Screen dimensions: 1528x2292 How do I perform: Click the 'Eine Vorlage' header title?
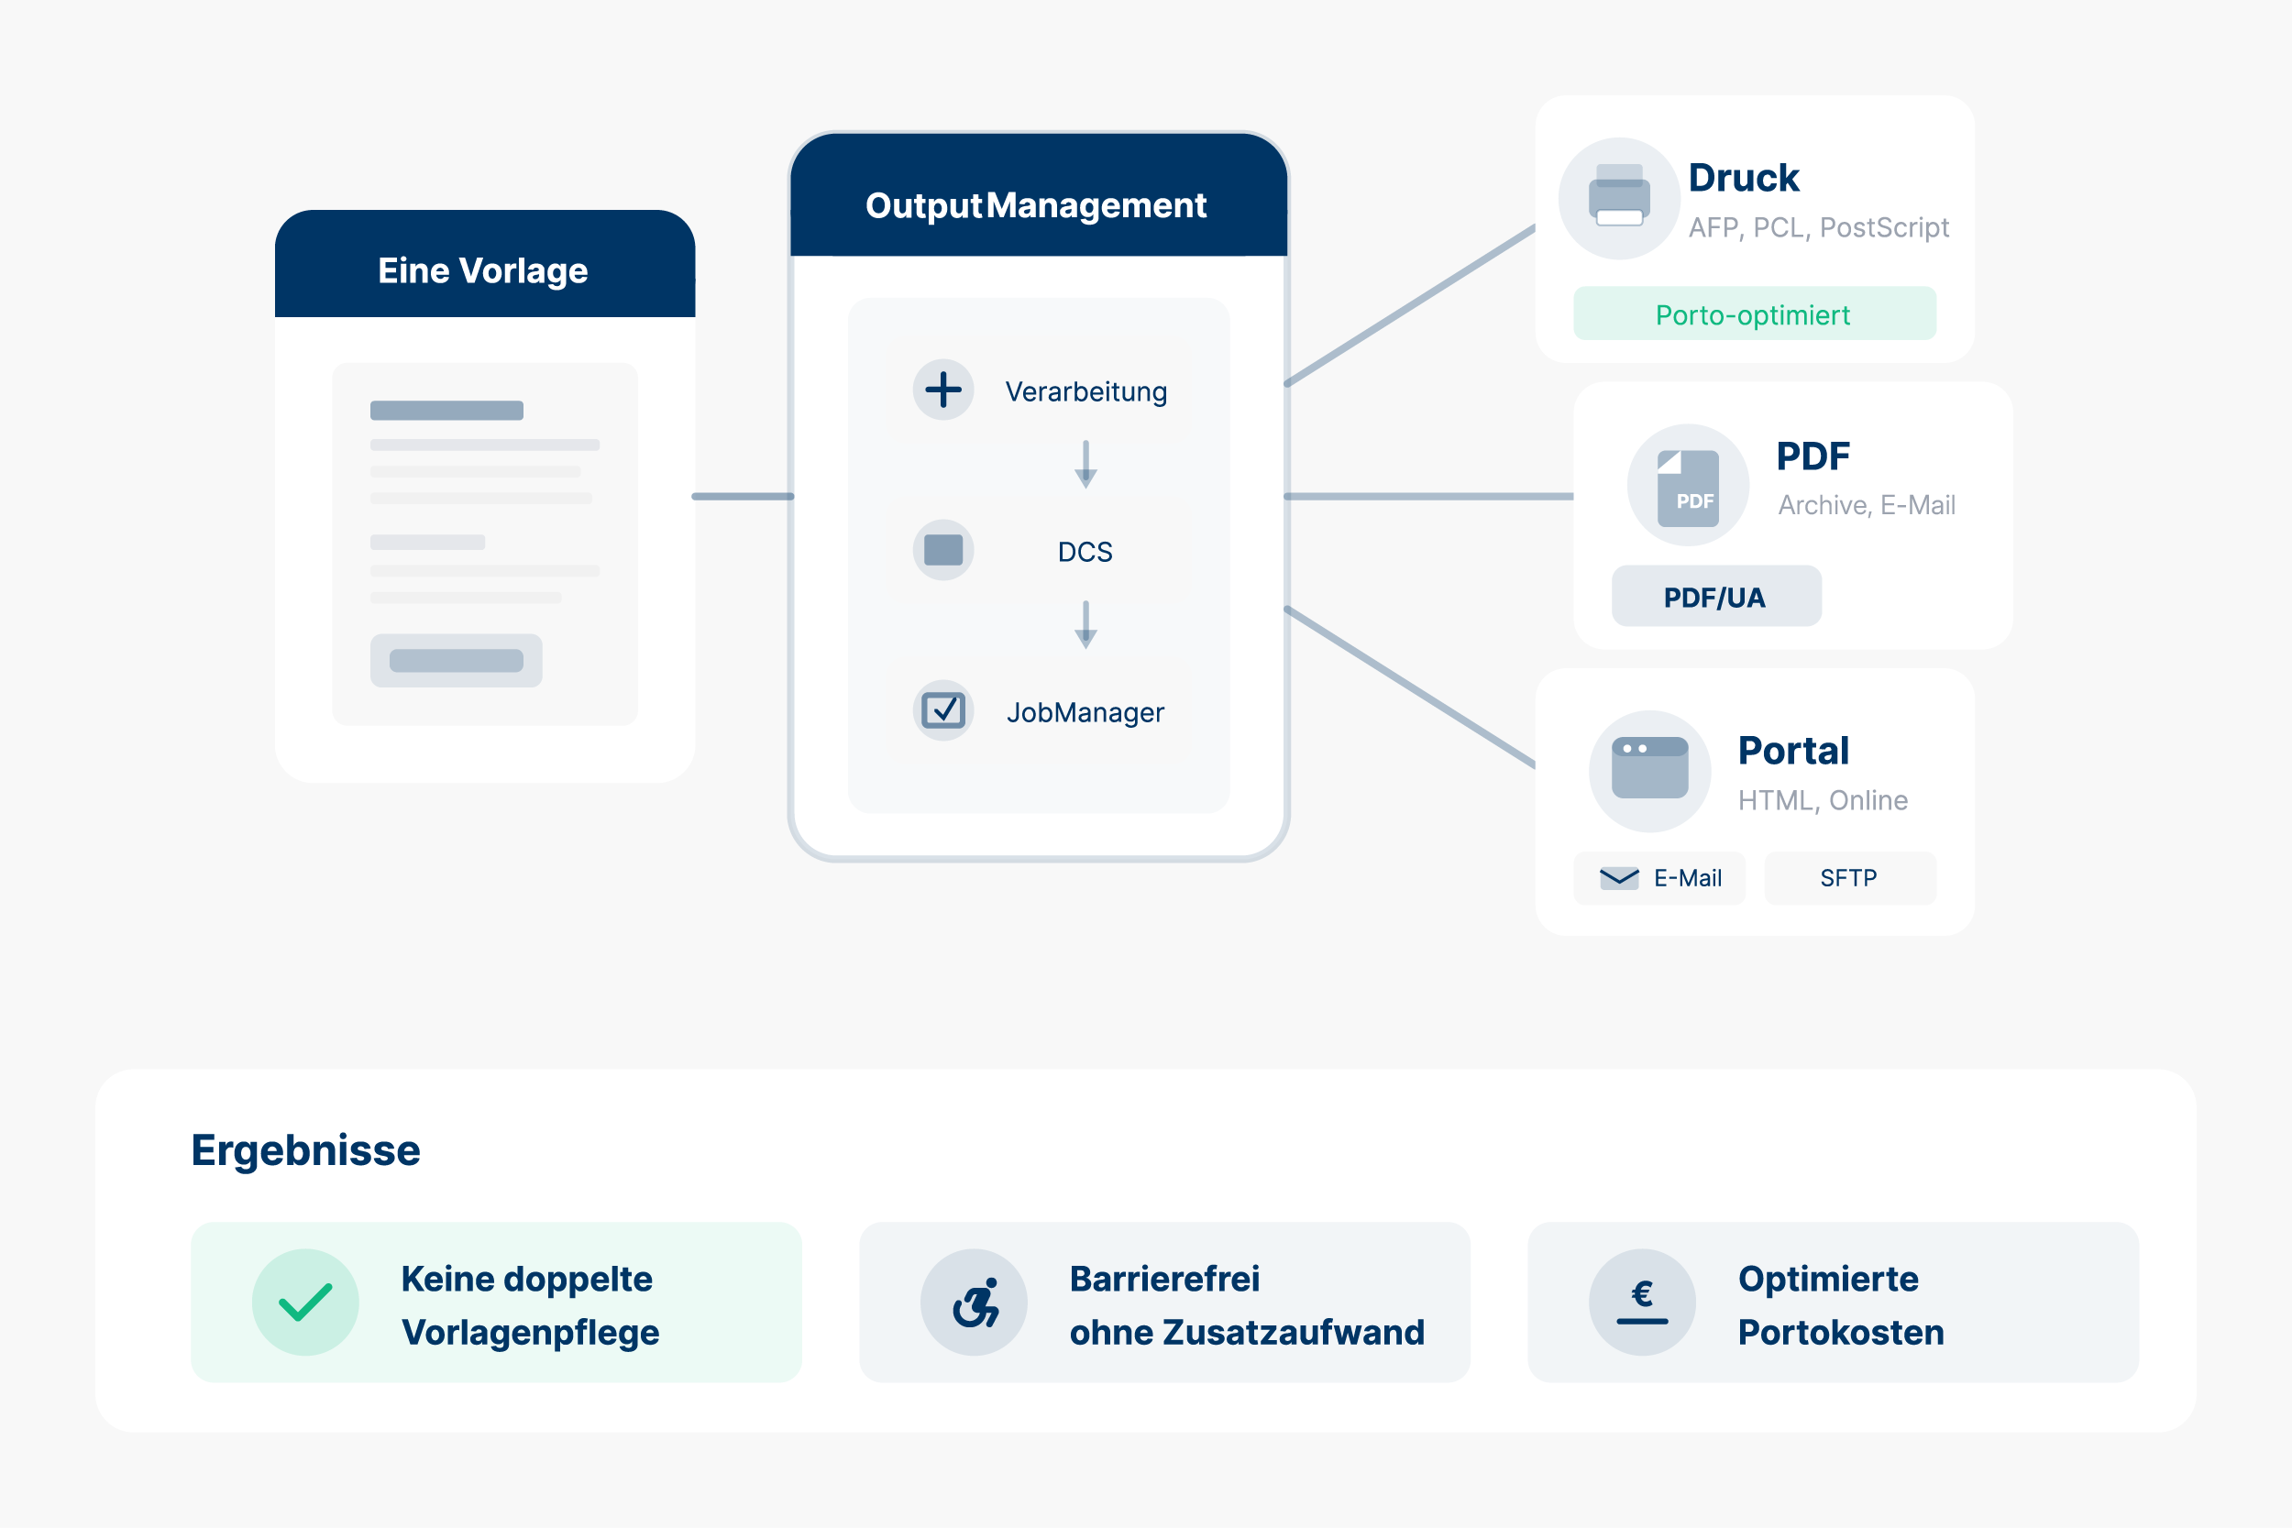coord(482,271)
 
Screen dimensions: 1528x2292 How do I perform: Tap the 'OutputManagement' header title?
coord(1036,205)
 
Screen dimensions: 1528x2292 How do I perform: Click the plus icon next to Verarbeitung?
coord(942,390)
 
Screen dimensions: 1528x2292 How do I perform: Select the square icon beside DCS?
coord(942,551)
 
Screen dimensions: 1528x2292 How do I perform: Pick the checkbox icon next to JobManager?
coord(942,710)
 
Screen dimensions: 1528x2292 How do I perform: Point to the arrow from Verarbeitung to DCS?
coord(1085,464)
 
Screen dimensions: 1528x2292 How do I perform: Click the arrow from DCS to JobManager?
coord(1085,624)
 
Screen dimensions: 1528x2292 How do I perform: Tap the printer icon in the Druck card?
coord(1619,198)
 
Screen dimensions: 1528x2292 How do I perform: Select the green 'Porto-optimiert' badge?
coord(1754,313)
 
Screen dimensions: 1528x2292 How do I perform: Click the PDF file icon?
coord(1688,488)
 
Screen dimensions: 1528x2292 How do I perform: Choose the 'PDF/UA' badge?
coord(1715,597)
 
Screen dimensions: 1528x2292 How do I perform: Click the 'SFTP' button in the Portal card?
coord(1848,878)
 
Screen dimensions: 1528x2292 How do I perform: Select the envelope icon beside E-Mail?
coord(1619,878)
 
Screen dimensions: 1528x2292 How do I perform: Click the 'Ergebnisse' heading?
coord(306,1150)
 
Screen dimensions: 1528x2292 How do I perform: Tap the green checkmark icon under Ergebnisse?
coord(306,1302)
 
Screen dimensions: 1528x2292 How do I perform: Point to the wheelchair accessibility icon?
coord(975,1302)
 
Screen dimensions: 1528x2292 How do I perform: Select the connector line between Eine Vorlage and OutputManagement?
coord(743,497)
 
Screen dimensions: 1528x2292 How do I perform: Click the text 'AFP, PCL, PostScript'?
coord(1818,228)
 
